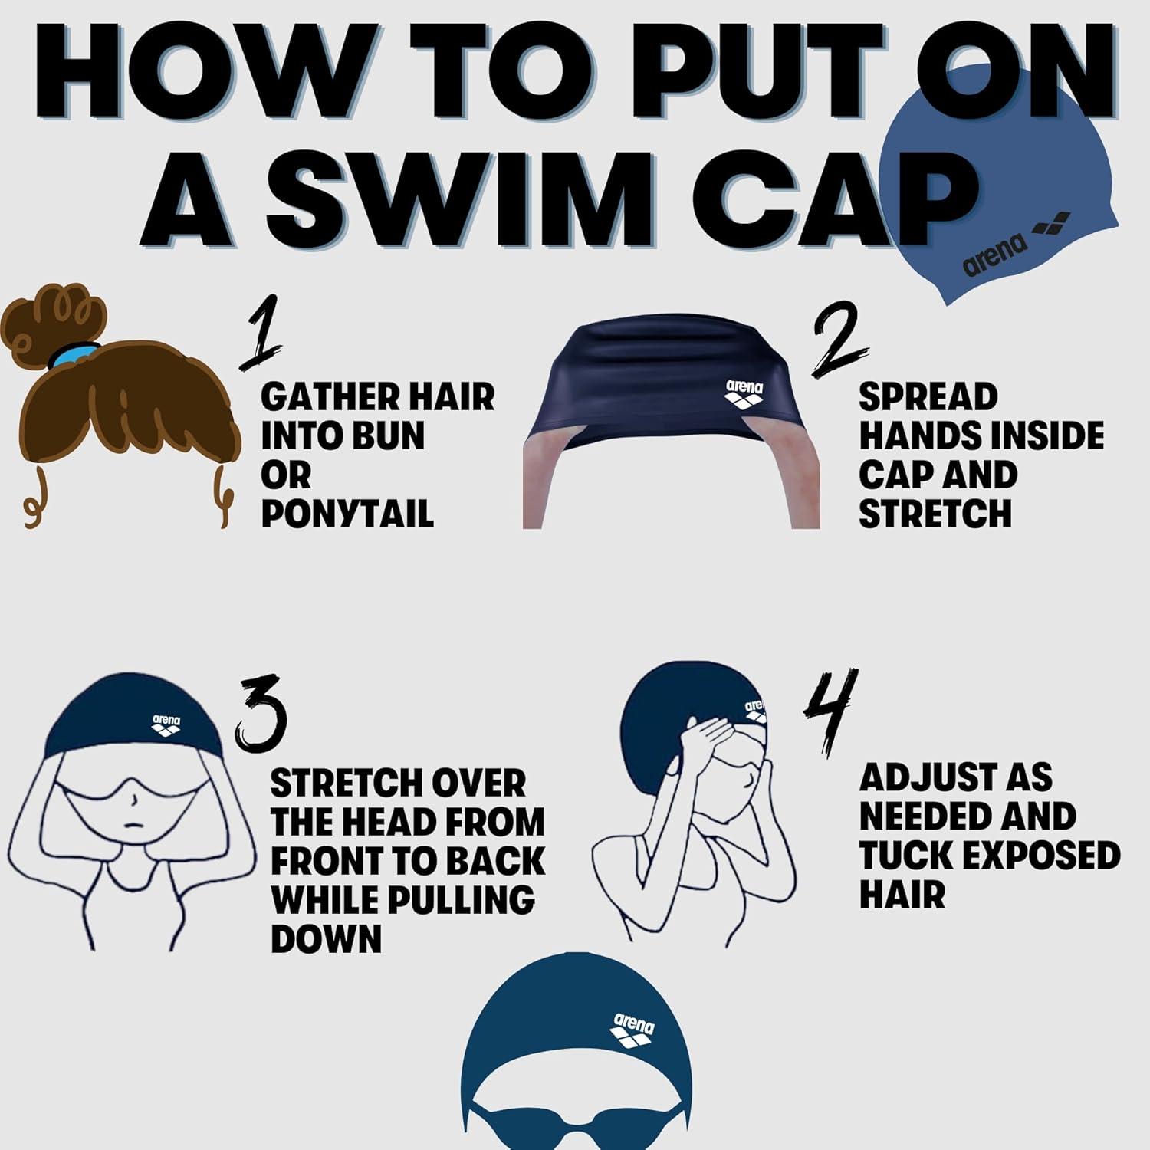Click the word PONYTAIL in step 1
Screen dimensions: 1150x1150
[x=347, y=514]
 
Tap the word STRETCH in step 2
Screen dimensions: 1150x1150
[x=935, y=514]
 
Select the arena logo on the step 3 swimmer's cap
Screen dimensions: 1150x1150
[x=166, y=725]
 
